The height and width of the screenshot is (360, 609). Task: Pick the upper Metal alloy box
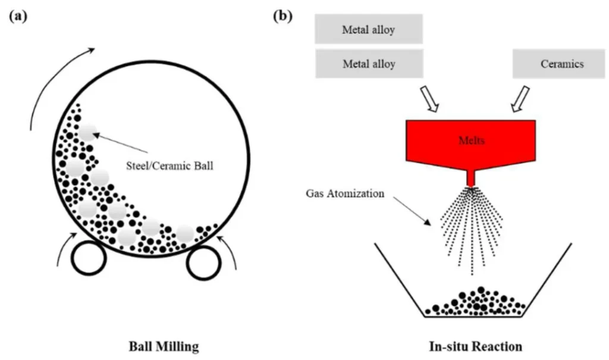pyautogui.click(x=368, y=30)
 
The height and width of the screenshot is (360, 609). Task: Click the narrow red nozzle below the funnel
pyautogui.click(x=472, y=178)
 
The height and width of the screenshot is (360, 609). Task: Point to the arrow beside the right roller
pyautogui.click(x=230, y=253)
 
